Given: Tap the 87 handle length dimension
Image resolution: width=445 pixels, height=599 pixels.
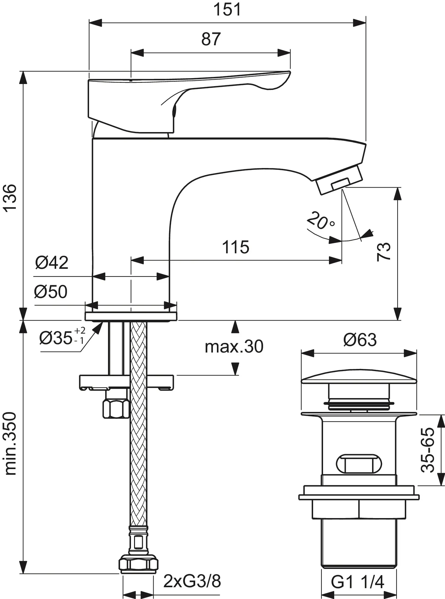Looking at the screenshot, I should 211,39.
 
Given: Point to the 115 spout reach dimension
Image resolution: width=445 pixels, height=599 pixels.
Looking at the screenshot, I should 236,247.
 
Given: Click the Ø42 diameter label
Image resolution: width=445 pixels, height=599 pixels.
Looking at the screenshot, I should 52,263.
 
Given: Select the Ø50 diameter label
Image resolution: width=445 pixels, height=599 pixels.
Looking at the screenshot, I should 51,292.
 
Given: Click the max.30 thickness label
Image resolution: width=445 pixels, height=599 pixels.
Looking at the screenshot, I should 234,346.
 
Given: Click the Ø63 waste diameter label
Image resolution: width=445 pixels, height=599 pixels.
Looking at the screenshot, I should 360,340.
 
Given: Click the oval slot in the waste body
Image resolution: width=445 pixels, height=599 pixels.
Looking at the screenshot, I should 359,464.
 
